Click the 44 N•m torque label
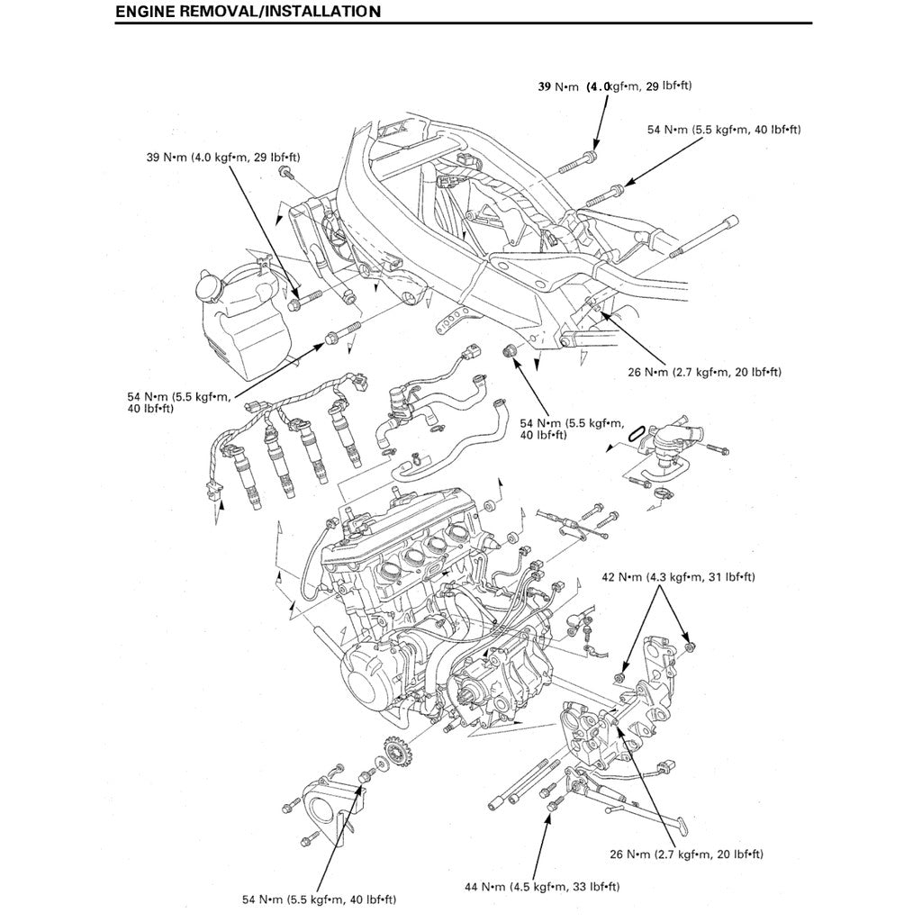tap(542, 887)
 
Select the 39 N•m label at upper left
tap(223, 158)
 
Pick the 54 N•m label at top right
tap(724, 130)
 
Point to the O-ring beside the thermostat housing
tap(635, 432)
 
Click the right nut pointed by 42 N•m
tap(689, 646)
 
